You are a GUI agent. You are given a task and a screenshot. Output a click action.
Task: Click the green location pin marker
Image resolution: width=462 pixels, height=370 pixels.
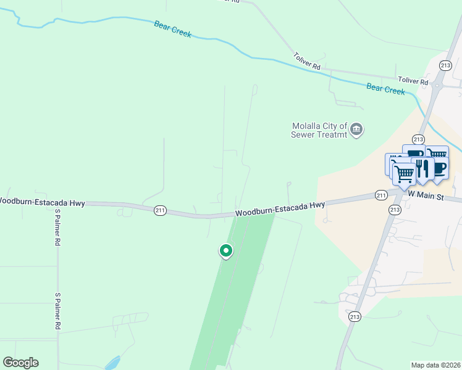tap(226, 251)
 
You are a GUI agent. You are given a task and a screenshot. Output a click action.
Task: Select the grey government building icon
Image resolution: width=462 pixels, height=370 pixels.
tap(356, 129)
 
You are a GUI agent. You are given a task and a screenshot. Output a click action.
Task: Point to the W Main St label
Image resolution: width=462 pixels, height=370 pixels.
tap(426, 194)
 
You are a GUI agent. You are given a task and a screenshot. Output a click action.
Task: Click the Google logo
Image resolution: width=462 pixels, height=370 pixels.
tap(20, 363)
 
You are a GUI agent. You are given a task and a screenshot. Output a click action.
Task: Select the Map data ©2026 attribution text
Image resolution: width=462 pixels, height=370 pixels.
tap(435, 365)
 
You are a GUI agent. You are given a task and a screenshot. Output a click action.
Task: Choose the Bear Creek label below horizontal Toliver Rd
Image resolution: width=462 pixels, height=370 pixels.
tap(385, 89)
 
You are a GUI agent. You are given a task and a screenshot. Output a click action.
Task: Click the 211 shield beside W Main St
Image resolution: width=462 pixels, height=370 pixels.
tap(381, 195)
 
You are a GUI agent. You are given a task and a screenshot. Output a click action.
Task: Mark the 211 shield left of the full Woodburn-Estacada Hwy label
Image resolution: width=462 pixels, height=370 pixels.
tap(160, 210)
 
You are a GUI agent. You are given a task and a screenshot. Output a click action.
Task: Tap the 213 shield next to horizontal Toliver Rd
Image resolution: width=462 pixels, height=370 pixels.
tap(445, 65)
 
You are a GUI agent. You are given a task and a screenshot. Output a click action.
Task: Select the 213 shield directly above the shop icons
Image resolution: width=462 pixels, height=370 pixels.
tap(418, 139)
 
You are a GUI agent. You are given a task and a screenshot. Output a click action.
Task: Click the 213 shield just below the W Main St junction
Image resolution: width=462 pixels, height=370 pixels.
tap(395, 210)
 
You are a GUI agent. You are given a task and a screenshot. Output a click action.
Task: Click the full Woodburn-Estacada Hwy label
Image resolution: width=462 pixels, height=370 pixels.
tap(280, 209)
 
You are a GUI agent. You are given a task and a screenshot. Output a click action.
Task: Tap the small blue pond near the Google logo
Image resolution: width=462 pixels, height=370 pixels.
tap(112, 362)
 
